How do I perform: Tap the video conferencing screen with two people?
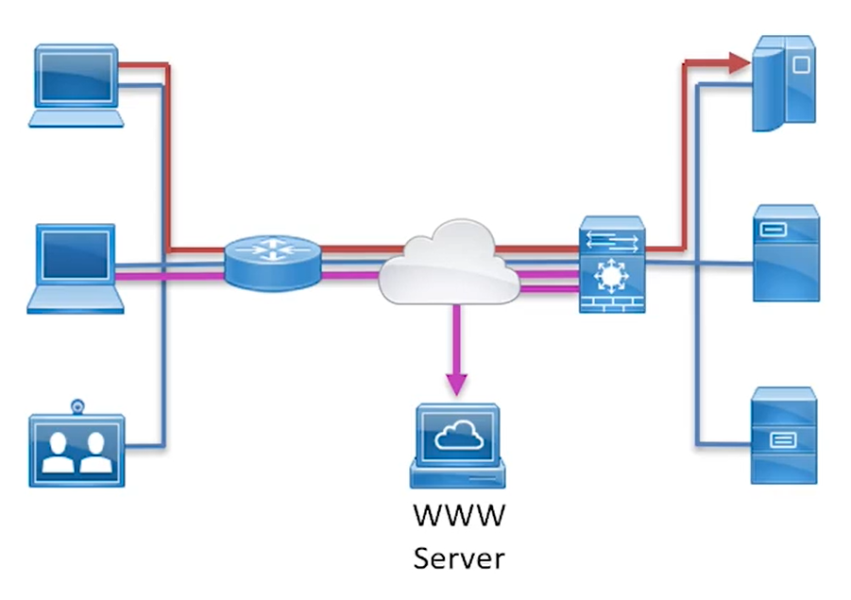tap(77, 450)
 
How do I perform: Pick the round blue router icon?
tap(273, 261)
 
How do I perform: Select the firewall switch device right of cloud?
tap(611, 265)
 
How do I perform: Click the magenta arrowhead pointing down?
tap(456, 383)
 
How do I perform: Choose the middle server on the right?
tap(786, 252)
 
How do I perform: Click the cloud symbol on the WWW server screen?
tap(458, 436)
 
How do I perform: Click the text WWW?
tap(459, 517)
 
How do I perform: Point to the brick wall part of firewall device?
tap(611, 302)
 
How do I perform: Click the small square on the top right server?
tap(800, 65)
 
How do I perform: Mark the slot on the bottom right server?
tap(783, 439)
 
